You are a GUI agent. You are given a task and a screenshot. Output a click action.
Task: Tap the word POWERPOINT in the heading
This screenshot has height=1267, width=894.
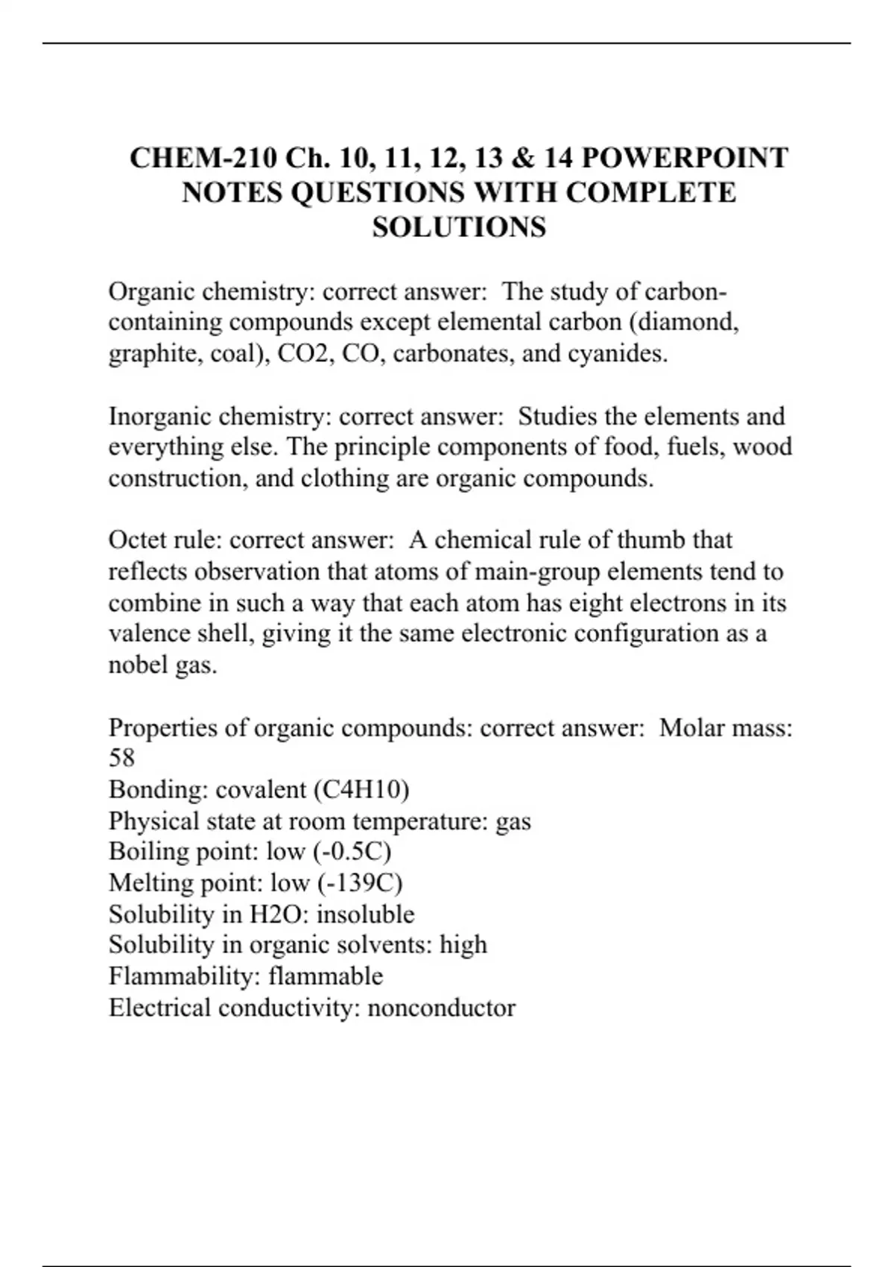tap(684, 158)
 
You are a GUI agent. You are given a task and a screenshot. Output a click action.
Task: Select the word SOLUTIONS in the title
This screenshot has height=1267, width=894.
tap(459, 227)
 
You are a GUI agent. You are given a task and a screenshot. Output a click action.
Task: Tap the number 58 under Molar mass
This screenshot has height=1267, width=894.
tap(121, 758)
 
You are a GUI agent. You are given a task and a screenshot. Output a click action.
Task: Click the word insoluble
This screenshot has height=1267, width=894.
tap(365, 914)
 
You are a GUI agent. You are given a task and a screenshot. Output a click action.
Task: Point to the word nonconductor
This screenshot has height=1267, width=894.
tap(441, 1008)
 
